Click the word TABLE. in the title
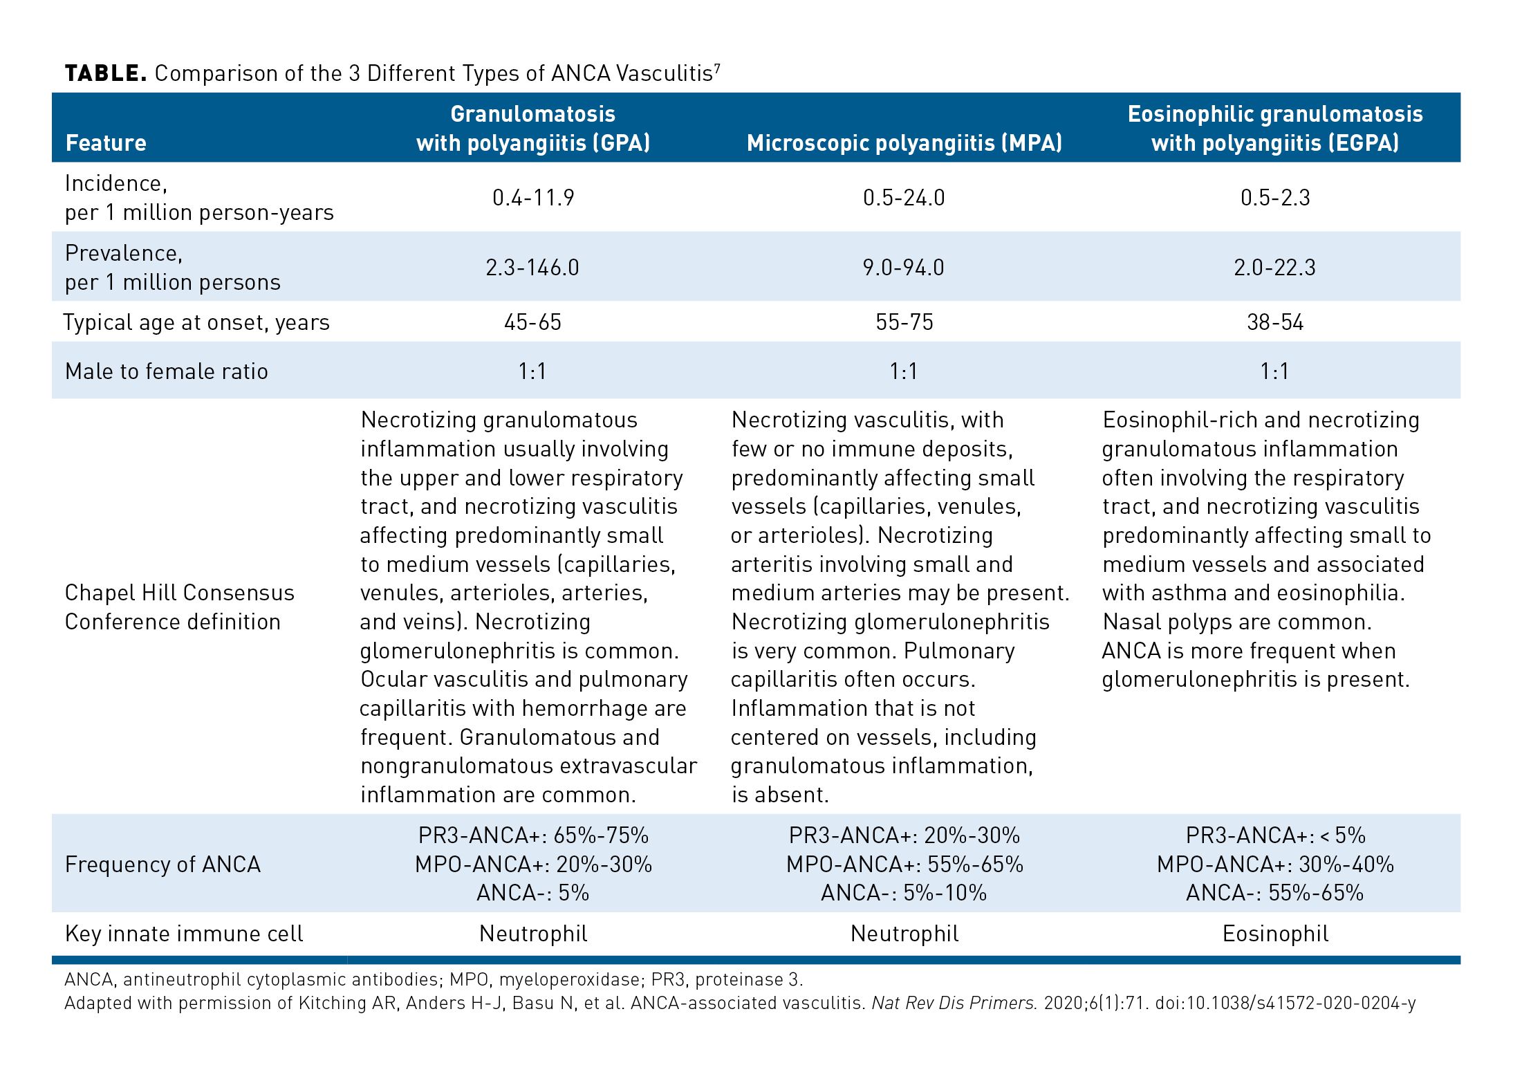[x=105, y=73]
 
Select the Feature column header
[x=106, y=143]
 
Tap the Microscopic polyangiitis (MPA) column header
[x=904, y=143]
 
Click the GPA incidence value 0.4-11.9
[x=533, y=198]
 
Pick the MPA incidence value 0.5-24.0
[x=904, y=198]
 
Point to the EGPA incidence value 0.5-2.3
[x=1275, y=198]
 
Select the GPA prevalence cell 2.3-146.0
[x=532, y=268]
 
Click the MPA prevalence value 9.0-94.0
[x=904, y=268]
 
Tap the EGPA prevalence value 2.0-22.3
[x=1275, y=268]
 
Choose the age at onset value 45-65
[x=532, y=322]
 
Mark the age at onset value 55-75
[x=904, y=322]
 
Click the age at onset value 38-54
[x=1275, y=322]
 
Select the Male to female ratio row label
[x=166, y=371]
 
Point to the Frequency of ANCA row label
[x=163, y=865]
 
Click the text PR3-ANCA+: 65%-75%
[x=533, y=835]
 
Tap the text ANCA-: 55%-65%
[x=1275, y=893]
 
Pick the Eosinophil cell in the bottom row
[x=1275, y=934]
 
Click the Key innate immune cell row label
[x=184, y=934]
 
